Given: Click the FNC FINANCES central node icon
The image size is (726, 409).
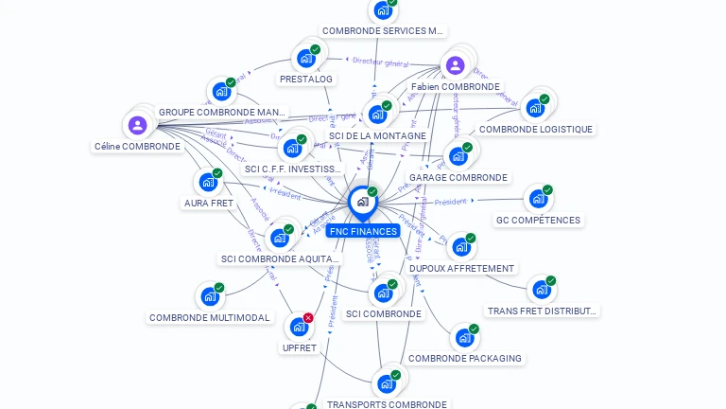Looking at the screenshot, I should click(x=362, y=202).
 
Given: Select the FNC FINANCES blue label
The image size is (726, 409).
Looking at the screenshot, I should click(x=363, y=231).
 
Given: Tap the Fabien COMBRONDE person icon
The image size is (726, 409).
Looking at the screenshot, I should click(x=455, y=65).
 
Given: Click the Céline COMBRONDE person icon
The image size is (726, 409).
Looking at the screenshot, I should click(x=137, y=125).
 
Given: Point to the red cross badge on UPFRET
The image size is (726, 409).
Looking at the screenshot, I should click(x=308, y=318).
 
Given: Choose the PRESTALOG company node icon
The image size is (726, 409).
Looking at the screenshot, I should click(x=305, y=58).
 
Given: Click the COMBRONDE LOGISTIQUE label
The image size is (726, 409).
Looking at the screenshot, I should click(x=535, y=129).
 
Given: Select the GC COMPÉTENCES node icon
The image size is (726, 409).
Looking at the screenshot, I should click(x=537, y=199).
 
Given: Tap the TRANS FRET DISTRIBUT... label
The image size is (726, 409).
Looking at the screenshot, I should click(x=543, y=311).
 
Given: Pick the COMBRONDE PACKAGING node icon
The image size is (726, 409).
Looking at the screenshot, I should click(x=463, y=337).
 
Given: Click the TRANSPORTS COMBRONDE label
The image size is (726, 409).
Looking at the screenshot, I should click(x=387, y=404).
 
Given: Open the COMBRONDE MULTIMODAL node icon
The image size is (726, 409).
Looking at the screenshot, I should click(x=209, y=296).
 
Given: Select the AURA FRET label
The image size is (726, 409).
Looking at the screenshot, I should click(x=208, y=204).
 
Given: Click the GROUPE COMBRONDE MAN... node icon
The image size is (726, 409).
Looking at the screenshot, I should click(x=221, y=92).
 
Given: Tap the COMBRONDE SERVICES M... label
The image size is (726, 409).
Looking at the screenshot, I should click(x=382, y=31).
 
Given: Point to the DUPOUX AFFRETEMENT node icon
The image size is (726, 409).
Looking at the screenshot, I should click(x=460, y=247).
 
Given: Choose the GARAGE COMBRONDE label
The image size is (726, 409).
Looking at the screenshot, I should click(x=458, y=177).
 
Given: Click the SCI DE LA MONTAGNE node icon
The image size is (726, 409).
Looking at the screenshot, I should click(x=377, y=115).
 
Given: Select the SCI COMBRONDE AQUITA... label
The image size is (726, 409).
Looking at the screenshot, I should click(x=279, y=258).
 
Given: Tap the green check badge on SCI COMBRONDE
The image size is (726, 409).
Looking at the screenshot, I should click(x=392, y=284).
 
